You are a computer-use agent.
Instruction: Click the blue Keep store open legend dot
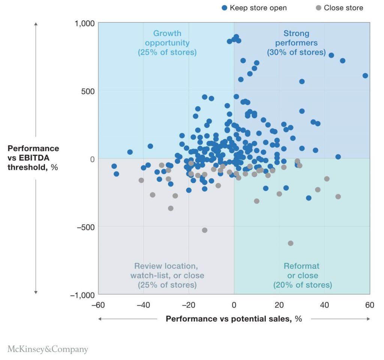[224, 8]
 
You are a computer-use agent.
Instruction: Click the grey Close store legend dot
[318, 8]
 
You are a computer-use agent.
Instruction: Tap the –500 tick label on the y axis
[84, 227]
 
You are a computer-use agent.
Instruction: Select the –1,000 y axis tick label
[82, 295]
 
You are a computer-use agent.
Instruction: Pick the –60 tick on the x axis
[98, 304]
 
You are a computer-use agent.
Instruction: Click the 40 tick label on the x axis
[324, 304]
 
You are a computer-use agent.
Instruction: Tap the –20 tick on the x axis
[189, 304]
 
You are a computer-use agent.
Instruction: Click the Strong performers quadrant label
[296, 43]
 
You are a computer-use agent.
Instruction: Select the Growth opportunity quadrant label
[167, 43]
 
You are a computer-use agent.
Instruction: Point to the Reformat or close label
[302, 276]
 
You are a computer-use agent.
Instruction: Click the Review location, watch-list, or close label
[167, 276]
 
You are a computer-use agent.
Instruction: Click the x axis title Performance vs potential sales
[234, 319]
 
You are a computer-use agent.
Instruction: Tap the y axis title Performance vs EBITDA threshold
[33, 158]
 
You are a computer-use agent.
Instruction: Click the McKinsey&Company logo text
[48, 349]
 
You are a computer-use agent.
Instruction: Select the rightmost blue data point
[365, 75]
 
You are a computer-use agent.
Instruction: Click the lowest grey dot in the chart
[290, 243]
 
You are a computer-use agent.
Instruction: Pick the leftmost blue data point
[114, 166]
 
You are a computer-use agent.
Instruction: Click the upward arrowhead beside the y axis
[36, 24]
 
